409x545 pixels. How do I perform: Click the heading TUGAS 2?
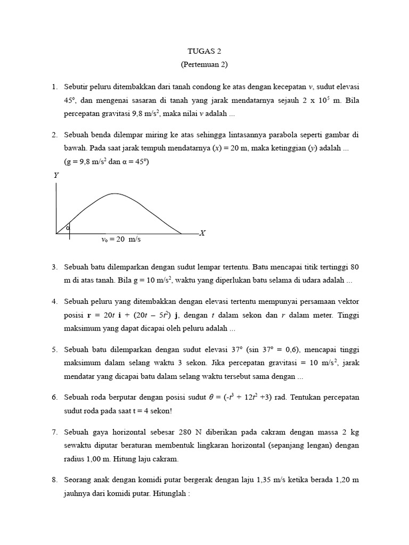click(204, 52)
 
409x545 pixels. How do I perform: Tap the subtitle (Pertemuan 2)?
click(204, 65)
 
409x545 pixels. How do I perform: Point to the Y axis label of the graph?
click(56, 175)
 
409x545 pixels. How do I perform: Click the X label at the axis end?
click(202, 233)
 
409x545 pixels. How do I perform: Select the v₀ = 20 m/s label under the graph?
click(121, 240)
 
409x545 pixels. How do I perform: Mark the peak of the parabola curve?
click(114, 194)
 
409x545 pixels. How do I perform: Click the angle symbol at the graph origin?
click(68, 228)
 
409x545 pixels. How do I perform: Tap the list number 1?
click(54, 86)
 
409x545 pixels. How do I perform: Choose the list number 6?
click(54, 398)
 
